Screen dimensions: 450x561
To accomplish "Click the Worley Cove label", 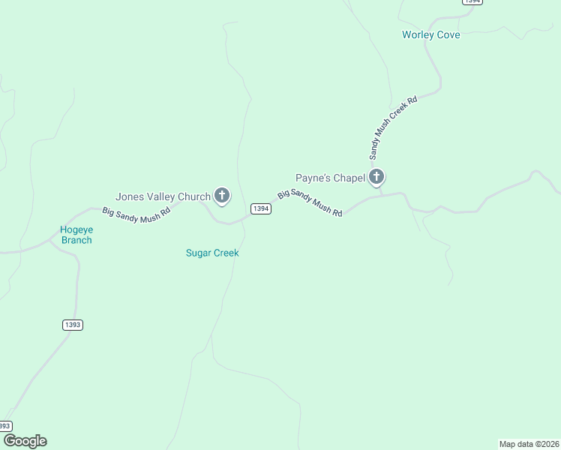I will pyautogui.click(x=430, y=35).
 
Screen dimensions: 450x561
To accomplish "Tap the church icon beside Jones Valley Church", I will pyautogui.click(x=222, y=196).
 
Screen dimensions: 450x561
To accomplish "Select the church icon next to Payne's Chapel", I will pyautogui.click(x=376, y=177).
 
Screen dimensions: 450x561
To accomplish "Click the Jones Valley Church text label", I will pyautogui.click(x=163, y=197).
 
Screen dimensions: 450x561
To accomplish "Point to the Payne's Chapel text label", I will pyautogui.click(x=330, y=178).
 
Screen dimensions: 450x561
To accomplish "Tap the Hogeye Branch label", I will pyautogui.click(x=76, y=235).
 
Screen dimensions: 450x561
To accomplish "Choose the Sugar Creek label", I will pyautogui.click(x=212, y=253).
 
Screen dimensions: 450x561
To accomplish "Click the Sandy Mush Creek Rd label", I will pyautogui.click(x=392, y=127).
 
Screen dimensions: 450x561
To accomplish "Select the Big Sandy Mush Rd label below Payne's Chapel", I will pyautogui.click(x=310, y=203).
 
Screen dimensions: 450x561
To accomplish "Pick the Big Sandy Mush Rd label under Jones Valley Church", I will pyautogui.click(x=136, y=212).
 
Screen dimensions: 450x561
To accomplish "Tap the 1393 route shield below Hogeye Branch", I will pyautogui.click(x=72, y=325).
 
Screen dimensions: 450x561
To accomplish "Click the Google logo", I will pyautogui.click(x=25, y=441).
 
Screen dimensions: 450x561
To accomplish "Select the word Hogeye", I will pyautogui.click(x=76, y=229).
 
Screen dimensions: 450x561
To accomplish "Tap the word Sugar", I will pyautogui.click(x=199, y=253).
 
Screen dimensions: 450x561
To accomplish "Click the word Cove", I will pyautogui.click(x=448, y=35).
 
